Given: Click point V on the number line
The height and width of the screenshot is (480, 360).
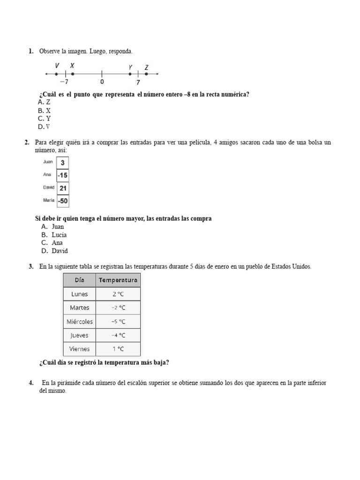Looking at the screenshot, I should click(56, 74).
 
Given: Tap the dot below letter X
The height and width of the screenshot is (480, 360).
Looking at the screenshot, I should click(73, 74).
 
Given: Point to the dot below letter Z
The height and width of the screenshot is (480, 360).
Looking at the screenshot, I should click(147, 74).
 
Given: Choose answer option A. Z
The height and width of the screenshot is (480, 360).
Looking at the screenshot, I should click(44, 102).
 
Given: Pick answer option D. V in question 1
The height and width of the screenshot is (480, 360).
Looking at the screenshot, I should click(44, 127).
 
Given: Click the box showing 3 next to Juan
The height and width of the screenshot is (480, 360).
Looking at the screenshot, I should click(63, 163).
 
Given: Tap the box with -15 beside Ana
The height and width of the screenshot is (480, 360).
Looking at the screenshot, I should click(63, 175).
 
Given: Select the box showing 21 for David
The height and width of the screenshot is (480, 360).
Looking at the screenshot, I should click(63, 188).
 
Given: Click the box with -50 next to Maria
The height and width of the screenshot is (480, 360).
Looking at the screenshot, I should click(63, 201).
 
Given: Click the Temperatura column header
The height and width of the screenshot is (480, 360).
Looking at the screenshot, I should click(118, 280).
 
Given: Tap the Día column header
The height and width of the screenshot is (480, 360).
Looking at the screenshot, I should click(79, 280).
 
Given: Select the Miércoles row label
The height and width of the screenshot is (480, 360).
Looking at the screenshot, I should click(79, 322).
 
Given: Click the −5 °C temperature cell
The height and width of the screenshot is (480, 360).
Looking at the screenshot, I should click(118, 322).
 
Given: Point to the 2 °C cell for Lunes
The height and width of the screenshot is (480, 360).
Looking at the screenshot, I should click(118, 294).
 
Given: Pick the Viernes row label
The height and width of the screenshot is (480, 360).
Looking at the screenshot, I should click(79, 349).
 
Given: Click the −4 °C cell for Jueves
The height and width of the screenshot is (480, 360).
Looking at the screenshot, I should click(118, 335).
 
